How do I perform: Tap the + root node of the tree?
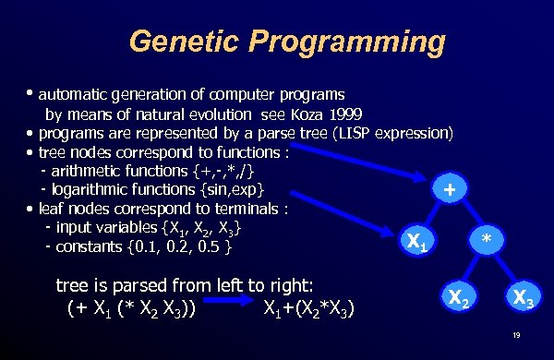[449, 190]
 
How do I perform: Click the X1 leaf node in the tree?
[415, 243]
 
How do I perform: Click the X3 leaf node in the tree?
[523, 297]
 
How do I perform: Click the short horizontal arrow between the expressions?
[228, 301]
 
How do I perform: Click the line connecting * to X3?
[504, 270]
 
